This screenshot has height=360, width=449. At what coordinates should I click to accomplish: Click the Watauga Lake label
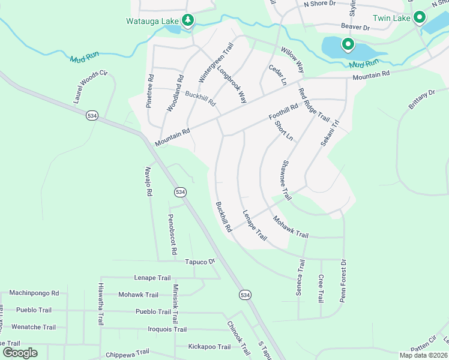152,22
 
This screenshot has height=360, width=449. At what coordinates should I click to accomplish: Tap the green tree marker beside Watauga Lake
188,21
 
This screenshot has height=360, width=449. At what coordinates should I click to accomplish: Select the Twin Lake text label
391,19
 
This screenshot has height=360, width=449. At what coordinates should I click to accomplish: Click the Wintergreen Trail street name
215,62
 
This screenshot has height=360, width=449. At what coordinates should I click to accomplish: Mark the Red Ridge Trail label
314,104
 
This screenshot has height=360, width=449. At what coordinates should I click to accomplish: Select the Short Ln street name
283,131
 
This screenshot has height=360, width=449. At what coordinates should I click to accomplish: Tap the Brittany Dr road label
421,100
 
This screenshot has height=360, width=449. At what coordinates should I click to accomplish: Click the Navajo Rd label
147,182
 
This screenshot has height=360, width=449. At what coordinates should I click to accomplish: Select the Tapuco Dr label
199,262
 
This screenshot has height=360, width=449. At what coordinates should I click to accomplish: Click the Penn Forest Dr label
343,280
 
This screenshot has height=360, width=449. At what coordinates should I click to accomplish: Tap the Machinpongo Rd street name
34,293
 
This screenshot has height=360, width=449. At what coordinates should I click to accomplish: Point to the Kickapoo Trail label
209,347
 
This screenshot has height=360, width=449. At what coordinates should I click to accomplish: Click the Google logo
20,352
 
